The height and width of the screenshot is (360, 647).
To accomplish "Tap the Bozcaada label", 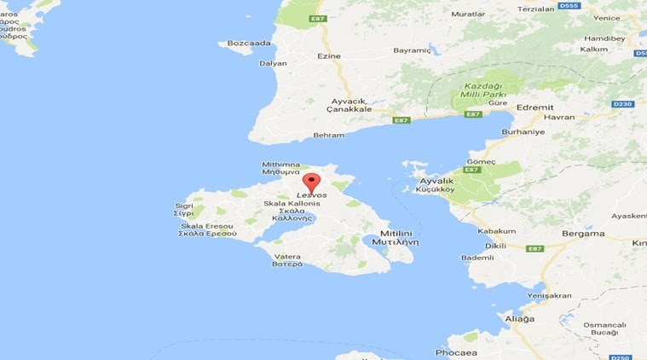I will point(250,43).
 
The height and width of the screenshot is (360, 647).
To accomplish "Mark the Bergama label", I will point(583,233).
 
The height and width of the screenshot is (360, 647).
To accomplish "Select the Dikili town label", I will point(494,246).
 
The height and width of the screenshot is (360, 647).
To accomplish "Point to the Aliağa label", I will point(520,318).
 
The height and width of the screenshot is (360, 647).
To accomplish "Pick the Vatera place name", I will point(287,256).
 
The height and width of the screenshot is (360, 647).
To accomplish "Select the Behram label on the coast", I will point(328,135).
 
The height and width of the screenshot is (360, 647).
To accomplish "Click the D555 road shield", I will point(570,6).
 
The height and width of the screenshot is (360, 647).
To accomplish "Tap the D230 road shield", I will point(623,104).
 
